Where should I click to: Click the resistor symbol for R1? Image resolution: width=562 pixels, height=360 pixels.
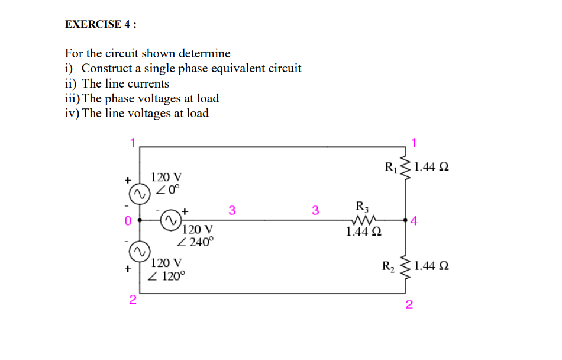[x=406, y=168]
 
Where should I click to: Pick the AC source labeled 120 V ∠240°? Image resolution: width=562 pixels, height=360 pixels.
[x=169, y=219]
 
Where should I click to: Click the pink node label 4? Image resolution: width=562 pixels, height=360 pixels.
[x=414, y=222]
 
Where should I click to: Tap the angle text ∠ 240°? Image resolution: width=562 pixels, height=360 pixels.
[x=196, y=242]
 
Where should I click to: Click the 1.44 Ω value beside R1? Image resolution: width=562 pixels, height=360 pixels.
[x=431, y=167]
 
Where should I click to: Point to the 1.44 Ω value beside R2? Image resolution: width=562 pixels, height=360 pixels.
[x=431, y=266]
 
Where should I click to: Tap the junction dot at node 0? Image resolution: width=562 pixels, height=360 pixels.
[x=140, y=219]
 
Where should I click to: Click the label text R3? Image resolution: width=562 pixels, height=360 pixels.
[x=362, y=206]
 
